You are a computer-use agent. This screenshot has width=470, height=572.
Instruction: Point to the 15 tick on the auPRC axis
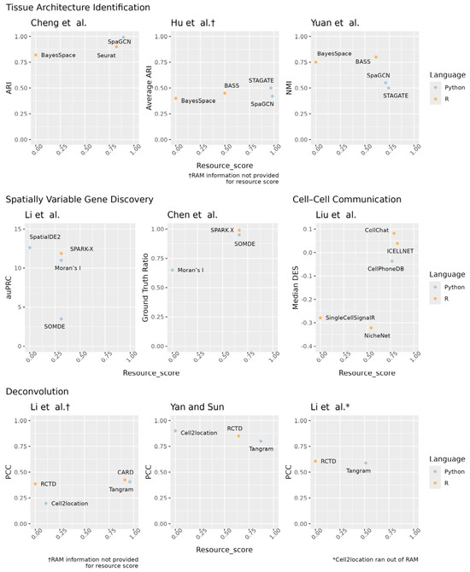click(x=20, y=229)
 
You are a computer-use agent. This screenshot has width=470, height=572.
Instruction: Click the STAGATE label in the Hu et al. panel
click(x=261, y=79)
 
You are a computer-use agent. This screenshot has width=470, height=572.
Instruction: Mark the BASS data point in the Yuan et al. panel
click(x=375, y=57)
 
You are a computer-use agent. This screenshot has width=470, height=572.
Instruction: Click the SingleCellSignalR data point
click(x=320, y=318)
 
